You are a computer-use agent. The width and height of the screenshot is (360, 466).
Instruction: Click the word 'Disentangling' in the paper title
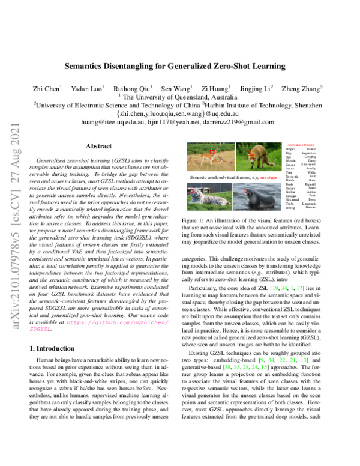tap(151, 67)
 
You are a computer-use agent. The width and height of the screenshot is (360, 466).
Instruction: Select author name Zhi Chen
tap(46, 88)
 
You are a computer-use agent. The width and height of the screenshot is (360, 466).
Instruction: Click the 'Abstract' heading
tap(98, 146)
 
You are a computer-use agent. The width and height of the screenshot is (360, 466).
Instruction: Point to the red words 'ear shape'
tap(268, 178)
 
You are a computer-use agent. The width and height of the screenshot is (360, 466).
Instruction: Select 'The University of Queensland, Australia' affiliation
tap(180, 95)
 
